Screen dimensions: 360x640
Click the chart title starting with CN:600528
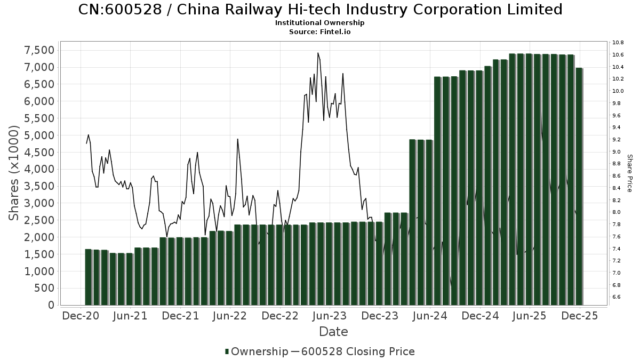click(x=320, y=10)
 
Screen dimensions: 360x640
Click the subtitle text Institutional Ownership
click(x=320, y=23)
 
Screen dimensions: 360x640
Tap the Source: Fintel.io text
click(x=320, y=32)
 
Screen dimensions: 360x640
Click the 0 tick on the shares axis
click(x=51, y=305)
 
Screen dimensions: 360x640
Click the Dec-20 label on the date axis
click(x=81, y=316)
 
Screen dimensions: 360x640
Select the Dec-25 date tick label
click(x=580, y=316)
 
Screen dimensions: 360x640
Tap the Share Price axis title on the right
click(x=629, y=173)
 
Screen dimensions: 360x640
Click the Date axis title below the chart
click(x=333, y=332)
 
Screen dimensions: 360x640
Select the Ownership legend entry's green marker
click(x=227, y=351)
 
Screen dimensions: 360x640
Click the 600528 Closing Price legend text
click(x=358, y=351)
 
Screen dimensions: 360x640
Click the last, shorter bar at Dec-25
click(x=579, y=187)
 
